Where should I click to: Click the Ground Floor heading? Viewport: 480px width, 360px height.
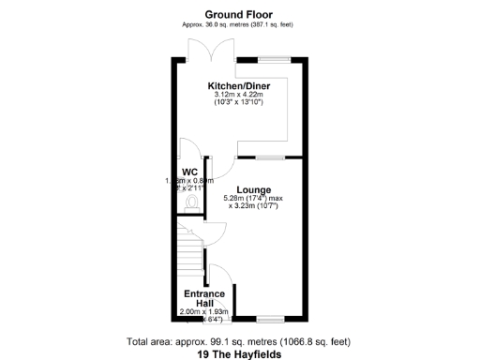coord(240,13)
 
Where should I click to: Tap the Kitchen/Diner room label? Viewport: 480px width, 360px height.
coord(239,85)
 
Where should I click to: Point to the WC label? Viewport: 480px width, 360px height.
coord(188,171)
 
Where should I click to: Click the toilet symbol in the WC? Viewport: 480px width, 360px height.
coord(192,200)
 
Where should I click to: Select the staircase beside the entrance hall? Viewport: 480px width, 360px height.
coord(190,248)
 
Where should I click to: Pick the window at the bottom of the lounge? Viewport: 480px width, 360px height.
coord(271,319)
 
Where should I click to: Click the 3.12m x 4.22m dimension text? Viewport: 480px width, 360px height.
coord(239,95)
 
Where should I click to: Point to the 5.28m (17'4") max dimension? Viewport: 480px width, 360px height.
coord(253,198)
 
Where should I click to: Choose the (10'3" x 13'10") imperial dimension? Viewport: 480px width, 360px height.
coord(239,103)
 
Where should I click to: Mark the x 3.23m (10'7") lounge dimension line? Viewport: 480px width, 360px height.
coord(253,206)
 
